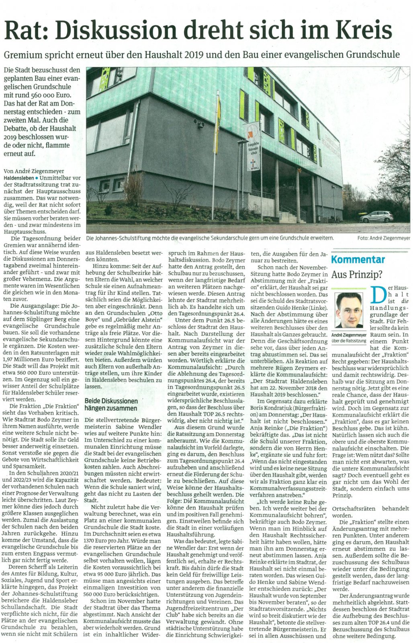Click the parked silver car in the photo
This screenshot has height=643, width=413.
376,217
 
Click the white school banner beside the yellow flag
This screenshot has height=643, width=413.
251,146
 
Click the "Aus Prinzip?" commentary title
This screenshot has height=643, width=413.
357,275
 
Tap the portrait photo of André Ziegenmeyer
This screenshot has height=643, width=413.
349,310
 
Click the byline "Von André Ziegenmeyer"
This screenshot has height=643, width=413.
34,171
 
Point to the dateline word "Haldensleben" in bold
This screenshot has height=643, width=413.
18,178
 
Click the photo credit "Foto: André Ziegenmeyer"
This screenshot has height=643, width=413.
383,238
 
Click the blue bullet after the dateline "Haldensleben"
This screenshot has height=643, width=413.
36,178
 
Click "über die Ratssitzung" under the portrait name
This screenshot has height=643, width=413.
349,341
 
